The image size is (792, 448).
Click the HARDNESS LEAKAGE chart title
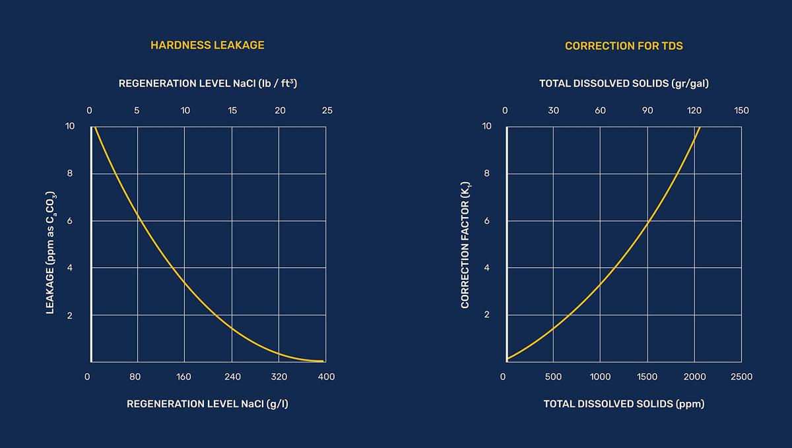[207, 46]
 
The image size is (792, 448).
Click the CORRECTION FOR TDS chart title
[624, 46]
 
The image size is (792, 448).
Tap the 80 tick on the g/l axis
[135, 377]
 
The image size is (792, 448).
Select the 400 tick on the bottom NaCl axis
[326, 377]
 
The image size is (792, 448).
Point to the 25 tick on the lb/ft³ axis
[327, 111]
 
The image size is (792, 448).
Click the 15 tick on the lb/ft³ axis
[232, 111]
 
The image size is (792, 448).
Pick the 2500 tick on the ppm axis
[741, 377]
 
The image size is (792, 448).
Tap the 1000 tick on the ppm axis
[600, 377]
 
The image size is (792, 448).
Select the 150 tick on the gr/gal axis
[741, 111]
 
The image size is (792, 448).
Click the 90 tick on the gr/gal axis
[647, 111]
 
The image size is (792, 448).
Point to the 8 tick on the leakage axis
[70, 174]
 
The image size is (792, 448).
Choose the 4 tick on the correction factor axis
[487, 268]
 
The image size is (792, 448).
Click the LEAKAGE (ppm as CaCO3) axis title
[51, 253]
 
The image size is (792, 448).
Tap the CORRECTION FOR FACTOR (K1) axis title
[465, 245]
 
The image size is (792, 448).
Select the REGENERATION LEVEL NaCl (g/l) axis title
[207, 404]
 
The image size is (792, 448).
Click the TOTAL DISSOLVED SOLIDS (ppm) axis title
[624, 404]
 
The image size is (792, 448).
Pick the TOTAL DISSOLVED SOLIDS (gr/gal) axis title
[624, 84]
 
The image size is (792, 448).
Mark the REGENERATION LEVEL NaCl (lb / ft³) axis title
[207, 83]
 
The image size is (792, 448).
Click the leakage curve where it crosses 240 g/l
[232, 329]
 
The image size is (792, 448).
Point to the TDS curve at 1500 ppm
[647, 222]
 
